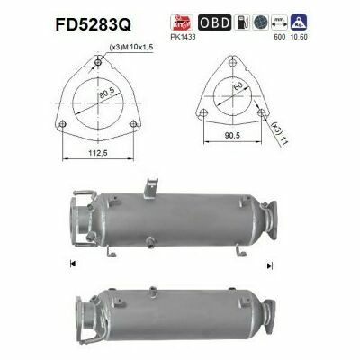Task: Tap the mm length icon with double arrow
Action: [x=283, y=21]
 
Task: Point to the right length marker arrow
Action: [x=267, y=265]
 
